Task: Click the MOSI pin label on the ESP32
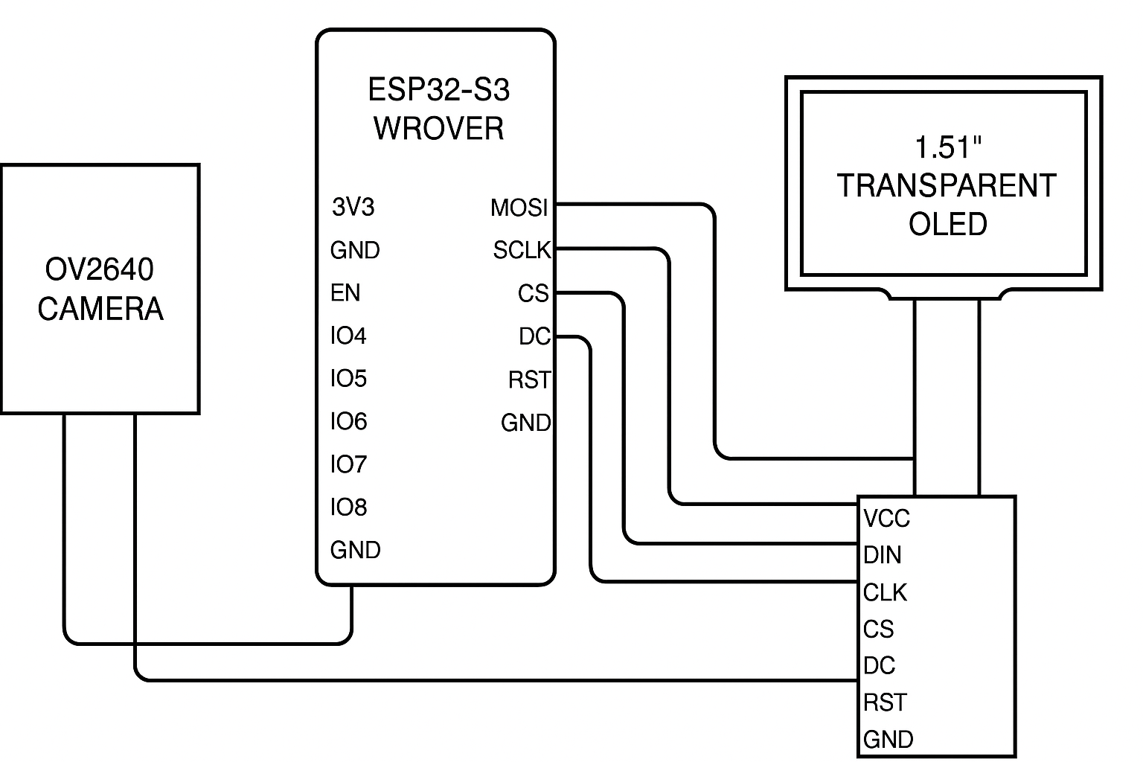pos(519,208)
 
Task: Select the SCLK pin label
pos(521,251)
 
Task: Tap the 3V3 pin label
pos(353,207)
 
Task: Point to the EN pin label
pos(345,293)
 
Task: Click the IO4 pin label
pos(348,336)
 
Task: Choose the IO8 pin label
pos(348,508)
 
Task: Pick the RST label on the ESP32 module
pos(529,380)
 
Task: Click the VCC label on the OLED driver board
pos(886,518)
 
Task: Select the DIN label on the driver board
pos(883,555)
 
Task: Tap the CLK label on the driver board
pos(885,592)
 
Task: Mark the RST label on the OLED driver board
pos(885,702)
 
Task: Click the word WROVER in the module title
pos(438,128)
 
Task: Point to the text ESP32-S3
pos(438,90)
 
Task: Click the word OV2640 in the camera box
pos(100,269)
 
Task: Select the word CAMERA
pos(100,309)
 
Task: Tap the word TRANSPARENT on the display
pos(947,185)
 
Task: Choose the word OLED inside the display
pos(947,224)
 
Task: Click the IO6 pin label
pos(348,422)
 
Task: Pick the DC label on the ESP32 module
pos(534,337)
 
